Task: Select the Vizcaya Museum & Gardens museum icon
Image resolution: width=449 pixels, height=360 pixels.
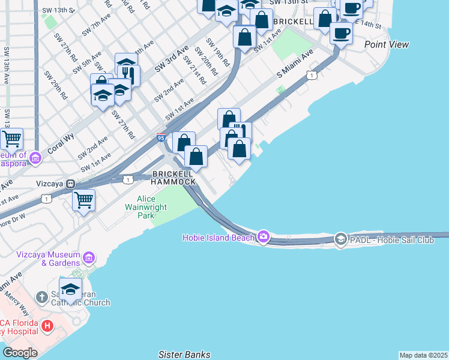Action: (89, 258)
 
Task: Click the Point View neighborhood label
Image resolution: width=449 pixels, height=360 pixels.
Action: (387, 44)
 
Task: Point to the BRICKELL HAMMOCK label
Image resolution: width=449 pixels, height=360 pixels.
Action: (173, 177)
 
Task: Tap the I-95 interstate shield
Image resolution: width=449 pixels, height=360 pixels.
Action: (161, 138)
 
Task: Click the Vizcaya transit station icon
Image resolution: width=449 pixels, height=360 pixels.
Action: (71, 184)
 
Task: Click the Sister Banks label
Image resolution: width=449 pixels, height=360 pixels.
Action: (184, 355)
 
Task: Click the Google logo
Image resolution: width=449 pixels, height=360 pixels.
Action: (20, 352)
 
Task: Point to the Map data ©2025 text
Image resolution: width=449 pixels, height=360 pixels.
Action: (423, 355)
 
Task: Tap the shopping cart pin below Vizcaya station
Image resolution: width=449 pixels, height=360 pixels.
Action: (83, 199)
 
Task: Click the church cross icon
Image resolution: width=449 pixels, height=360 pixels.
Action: (42, 296)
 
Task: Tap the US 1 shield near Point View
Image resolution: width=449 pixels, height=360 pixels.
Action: (311, 74)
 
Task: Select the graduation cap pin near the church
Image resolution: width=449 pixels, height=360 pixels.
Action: (70, 289)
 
